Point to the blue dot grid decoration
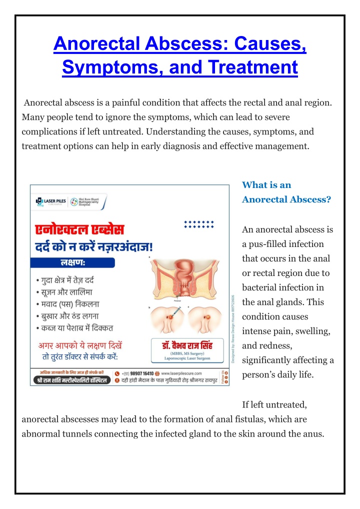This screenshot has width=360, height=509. coord(198,224)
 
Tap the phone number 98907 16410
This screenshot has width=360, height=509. coord(141,373)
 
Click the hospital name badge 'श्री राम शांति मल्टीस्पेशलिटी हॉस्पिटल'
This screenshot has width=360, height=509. coord(70,381)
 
